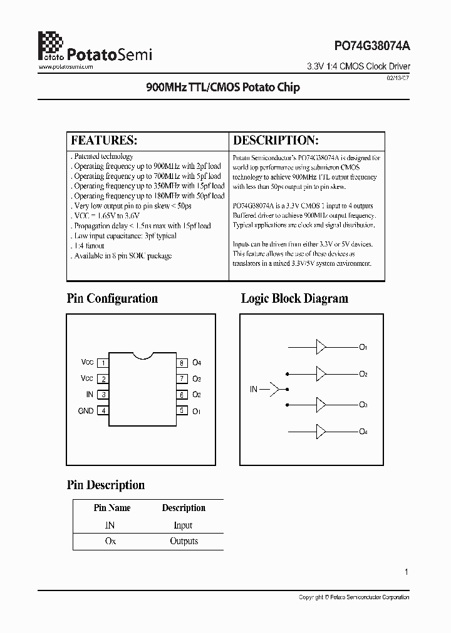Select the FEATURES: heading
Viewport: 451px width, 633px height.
pyautogui.click(x=104, y=140)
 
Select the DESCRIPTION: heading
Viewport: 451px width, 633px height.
pyautogui.click(x=276, y=140)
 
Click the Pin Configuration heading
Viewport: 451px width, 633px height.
pyautogui.click(x=112, y=298)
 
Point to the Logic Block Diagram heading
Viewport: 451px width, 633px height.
pyautogui.click(x=294, y=298)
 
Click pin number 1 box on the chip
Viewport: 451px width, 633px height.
pyautogui.click(x=103, y=363)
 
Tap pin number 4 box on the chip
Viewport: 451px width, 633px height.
pyautogui.click(x=103, y=411)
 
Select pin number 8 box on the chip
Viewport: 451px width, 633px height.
pyautogui.click(x=181, y=363)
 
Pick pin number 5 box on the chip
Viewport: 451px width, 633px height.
pyautogui.click(x=181, y=411)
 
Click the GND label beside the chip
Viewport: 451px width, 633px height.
pyautogui.click(x=86, y=411)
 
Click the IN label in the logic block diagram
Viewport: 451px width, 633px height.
pyautogui.click(x=254, y=389)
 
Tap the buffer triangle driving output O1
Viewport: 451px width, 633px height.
pyautogui.click(x=321, y=347)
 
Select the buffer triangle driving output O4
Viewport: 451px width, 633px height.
pyautogui.click(x=321, y=432)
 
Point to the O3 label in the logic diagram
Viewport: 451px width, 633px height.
pyautogui.click(x=363, y=405)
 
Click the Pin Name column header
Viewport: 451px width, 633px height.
pyautogui.click(x=112, y=508)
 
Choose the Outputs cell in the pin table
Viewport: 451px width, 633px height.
pyautogui.click(x=184, y=541)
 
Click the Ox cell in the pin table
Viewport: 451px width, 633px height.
pyautogui.click(x=110, y=541)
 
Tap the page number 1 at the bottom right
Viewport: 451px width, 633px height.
pyautogui.click(x=407, y=572)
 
